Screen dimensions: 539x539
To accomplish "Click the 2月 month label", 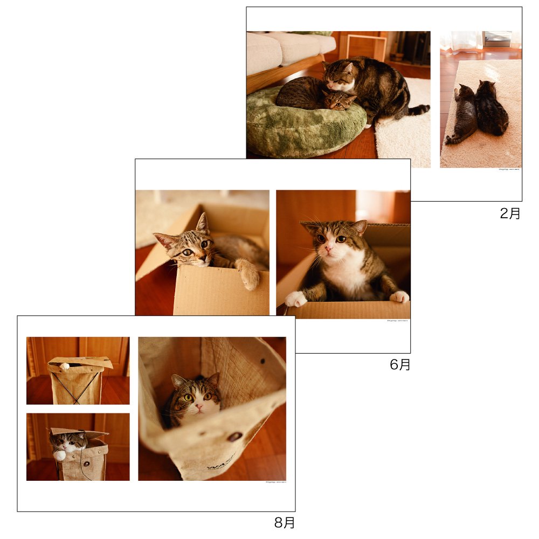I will [510, 213].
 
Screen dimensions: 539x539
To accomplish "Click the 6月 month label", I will [400, 365].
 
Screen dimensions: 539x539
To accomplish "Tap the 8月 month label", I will [285, 522].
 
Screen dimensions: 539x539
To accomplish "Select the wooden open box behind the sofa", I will [367, 46].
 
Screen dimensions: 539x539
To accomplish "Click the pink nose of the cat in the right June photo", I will [329, 249].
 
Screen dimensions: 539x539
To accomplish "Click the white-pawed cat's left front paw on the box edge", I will [295, 298].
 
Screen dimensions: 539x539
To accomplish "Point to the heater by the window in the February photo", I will [496, 39].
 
